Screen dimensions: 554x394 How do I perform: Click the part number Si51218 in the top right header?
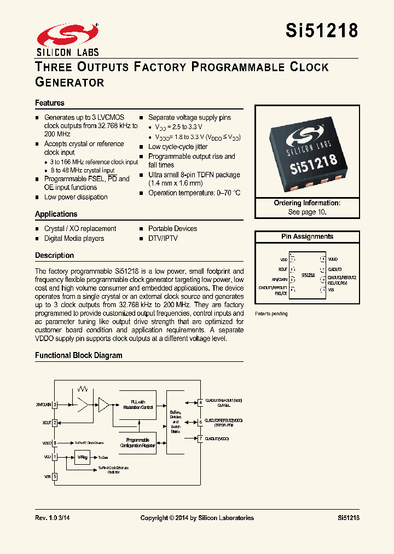(x=321, y=31)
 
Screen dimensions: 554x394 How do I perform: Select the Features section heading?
(x=50, y=103)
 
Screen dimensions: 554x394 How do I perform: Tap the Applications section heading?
(x=56, y=214)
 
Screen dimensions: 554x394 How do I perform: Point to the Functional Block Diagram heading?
(x=79, y=355)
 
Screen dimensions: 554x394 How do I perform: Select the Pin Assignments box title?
(x=307, y=236)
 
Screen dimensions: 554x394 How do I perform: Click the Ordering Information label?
(x=307, y=203)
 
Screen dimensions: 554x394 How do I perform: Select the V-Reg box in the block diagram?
(x=82, y=457)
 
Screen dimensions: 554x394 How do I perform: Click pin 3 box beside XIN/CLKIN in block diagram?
(x=55, y=405)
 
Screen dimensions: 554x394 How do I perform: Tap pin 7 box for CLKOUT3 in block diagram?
(x=201, y=438)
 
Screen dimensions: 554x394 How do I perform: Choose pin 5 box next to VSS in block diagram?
(x=55, y=476)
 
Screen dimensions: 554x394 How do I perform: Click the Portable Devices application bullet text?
(x=172, y=229)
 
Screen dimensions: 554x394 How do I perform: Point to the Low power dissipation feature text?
(x=76, y=197)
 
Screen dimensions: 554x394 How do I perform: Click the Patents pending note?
(x=271, y=314)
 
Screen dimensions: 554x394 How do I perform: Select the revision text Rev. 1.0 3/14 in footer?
(x=52, y=518)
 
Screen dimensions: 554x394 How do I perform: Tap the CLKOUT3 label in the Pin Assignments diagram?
(x=335, y=269)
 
